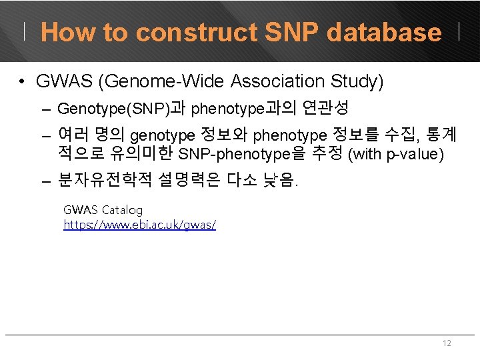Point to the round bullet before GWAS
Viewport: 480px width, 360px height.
coord(23,82)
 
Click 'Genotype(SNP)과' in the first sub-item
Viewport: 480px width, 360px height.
coord(121,108)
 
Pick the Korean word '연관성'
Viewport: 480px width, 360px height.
coord(326,108)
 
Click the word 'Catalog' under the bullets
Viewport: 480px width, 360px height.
coord(122,210)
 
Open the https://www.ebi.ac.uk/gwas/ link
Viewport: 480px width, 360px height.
coord(139,225)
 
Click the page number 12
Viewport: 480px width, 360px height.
coord(447,343)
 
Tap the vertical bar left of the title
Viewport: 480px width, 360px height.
coord(26,31)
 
